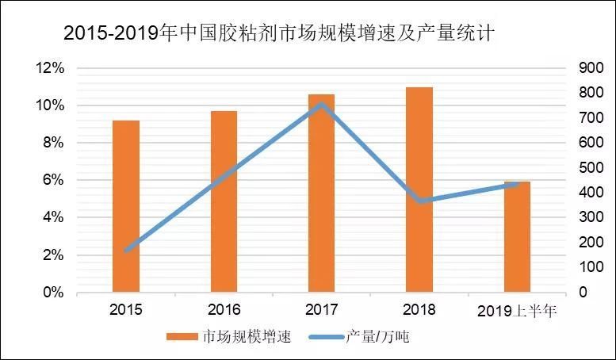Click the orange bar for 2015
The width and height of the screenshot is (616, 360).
click(126, 206)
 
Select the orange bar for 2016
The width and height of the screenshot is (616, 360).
click(224, 201)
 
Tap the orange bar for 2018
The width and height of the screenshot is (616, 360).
click(419, 190)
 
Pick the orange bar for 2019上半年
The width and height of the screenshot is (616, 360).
click(517, 237)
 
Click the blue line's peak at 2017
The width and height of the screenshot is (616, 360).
click(321, 104)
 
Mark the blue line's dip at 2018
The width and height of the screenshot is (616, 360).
click(420, 201)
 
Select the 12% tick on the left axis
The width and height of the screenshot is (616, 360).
click(50, 68)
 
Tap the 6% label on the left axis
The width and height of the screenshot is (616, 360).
click(53, 180)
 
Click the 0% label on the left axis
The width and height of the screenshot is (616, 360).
click(53, 293)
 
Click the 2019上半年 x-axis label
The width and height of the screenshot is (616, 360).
click(517, 311)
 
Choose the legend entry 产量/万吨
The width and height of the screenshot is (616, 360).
click(377, 338)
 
